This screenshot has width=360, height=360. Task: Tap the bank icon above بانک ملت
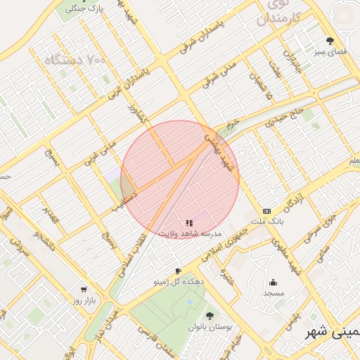point(266,211)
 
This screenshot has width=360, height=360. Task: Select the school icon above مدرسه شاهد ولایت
point(189,223)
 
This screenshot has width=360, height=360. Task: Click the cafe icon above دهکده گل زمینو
point(178,271)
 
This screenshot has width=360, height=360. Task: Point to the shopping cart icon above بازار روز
point(84,290)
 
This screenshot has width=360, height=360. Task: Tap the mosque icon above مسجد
point(274,283)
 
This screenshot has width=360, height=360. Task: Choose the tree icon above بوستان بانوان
point(209,316)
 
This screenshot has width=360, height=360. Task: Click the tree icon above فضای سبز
point(330,41)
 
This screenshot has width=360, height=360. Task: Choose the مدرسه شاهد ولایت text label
point(191,233)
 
